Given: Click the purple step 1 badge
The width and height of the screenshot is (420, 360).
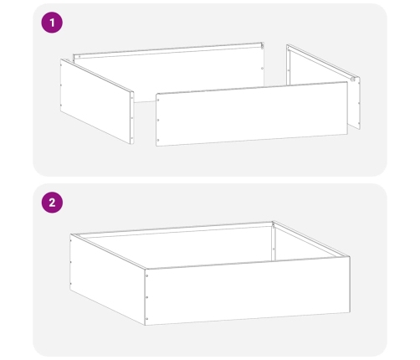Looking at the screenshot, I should click(x=53, y=23).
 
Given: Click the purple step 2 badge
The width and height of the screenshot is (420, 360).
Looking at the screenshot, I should click(x=53, y=202).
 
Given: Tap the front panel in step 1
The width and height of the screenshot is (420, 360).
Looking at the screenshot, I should click(x=251, y=113).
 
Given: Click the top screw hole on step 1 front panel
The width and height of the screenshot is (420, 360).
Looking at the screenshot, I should click(x=160, y=100).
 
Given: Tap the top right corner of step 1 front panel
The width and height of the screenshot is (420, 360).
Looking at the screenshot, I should click(x=346, y=82).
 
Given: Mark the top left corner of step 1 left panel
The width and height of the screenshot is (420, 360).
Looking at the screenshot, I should click(x=62, y=60).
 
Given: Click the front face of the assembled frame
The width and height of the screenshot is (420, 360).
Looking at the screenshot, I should click(x=247, y=293).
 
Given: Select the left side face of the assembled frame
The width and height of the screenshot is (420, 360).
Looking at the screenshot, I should click(x=107, y=276).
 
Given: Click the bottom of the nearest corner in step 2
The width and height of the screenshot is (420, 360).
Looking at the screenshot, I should click(x=146, y=325).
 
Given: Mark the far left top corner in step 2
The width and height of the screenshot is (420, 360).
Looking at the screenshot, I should click(x=71, y=235).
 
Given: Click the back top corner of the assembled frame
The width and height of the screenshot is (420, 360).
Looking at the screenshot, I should click(x=274, y=222).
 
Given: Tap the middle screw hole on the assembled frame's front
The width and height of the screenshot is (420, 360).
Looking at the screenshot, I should click(x=148, y=296).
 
